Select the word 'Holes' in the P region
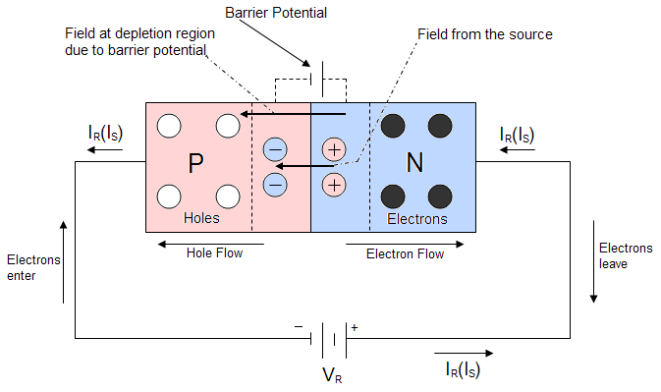202,218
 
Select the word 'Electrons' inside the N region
417,219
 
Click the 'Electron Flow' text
405,254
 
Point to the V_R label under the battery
333,375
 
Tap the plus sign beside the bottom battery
355,327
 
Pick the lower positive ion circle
335,184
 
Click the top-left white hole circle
170,126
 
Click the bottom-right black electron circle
440,195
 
